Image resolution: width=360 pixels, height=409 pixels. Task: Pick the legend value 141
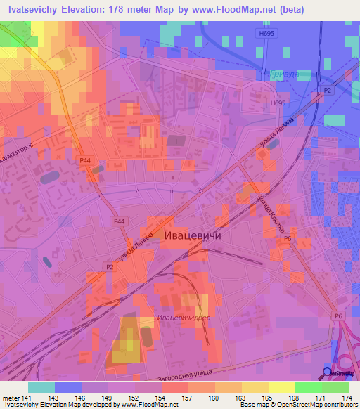point(27,398)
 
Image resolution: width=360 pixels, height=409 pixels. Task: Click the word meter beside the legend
point(10,398)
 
